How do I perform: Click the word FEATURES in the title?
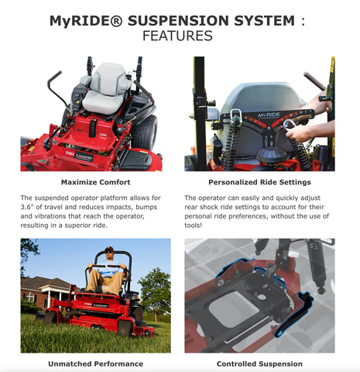click(x=177, y=36)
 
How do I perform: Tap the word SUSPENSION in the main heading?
click(x=178, y=21)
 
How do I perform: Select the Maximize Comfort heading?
click(x=96, y=182)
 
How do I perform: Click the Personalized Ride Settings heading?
click(x=259, y=182)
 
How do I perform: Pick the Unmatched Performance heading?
click(x=96, y=363)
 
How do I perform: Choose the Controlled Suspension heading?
click(x=259, y=363)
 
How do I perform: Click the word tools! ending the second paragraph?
click(x=194, y=226)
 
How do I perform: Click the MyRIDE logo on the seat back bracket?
click(x=269, y=115)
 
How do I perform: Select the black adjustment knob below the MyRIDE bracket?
click(x=272, y=154)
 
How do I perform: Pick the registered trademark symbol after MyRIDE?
click(x=118, y=21)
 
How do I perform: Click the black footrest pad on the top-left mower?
click(x=135, y=160)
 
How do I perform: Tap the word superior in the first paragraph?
click(x=78, y=226)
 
